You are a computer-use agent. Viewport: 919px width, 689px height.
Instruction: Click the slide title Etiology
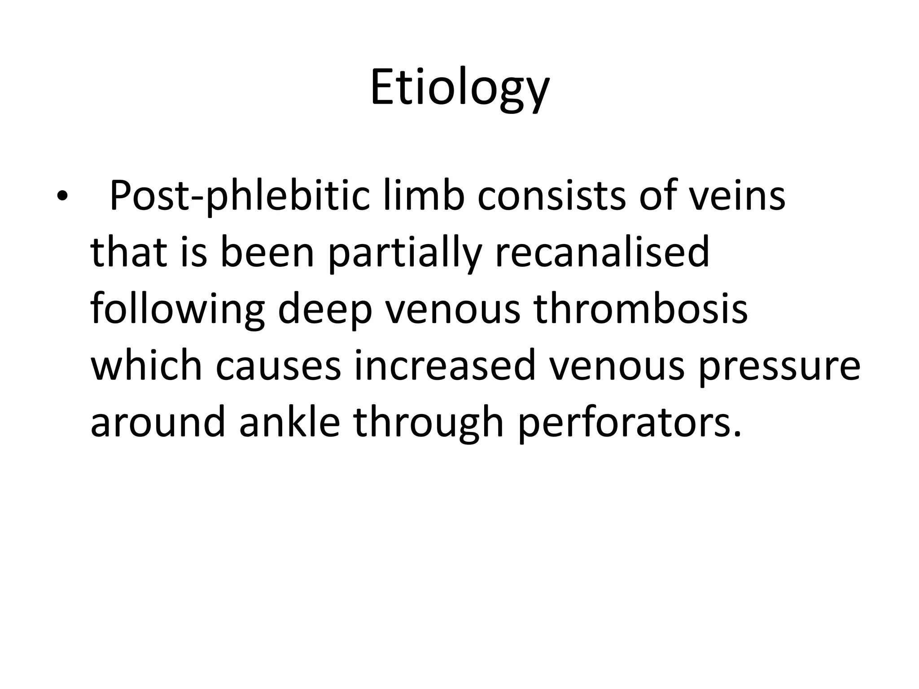point(459,88)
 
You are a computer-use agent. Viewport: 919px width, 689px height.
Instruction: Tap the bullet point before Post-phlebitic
point(61,196)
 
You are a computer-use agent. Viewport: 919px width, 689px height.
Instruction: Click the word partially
point(404,253)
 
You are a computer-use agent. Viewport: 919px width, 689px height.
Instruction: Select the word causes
point(278,367)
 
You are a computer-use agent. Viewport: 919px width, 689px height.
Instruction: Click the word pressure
point(778,367)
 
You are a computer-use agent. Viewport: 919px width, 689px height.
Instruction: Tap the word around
point(158,423)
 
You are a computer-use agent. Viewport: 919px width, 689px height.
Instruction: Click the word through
point(429,423)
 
